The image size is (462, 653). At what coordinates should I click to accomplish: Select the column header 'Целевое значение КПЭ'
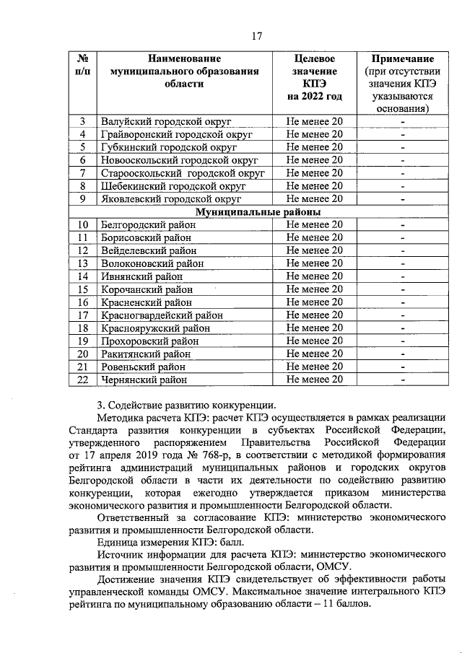pos(315,76)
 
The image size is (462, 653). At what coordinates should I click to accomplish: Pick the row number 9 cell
pos(83,199)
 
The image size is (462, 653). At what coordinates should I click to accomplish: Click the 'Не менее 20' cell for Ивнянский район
pos(315,276)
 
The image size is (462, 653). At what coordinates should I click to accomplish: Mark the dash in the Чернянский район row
pos(404,379)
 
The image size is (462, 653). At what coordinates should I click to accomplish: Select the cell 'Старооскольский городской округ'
pos(183,173)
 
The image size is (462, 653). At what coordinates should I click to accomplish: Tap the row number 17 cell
pos(83,315)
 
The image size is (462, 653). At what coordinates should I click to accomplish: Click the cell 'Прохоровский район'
pos(150,341)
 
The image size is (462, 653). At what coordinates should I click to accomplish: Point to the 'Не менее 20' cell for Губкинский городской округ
pos(315,147)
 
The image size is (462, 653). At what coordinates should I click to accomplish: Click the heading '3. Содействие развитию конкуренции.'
pos(186,404)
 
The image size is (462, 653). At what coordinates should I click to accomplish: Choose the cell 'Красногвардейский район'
pos(162,315)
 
